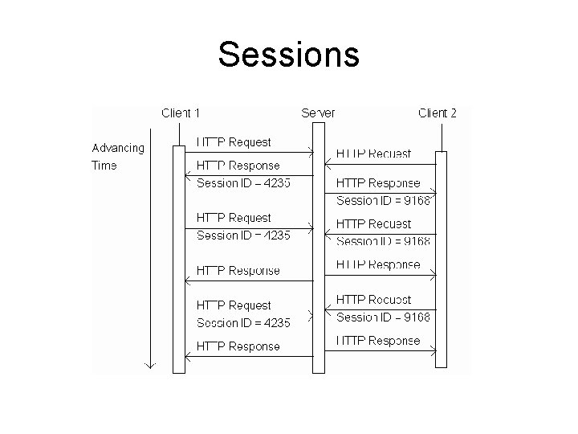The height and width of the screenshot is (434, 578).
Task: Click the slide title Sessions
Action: tap(288, 55)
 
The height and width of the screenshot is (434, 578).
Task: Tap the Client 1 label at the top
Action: tap(181, 113)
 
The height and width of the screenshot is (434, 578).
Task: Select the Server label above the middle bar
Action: tap(318, 113)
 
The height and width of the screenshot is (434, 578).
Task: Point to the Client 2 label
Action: tap(438, 113)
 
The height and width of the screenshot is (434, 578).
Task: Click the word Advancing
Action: tap(118, 148)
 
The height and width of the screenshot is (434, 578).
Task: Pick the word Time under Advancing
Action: tap(104, 166)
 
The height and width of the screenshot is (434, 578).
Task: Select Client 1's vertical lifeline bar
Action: tap(179, 257)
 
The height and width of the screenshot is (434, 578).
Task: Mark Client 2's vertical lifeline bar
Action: tap(441, 257)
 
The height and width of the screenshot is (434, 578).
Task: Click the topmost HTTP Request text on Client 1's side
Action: tap(234, 142)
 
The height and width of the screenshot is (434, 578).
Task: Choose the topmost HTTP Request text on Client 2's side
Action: tap(373, 154)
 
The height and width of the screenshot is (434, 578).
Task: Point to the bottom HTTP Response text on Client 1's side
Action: tap(238, 346)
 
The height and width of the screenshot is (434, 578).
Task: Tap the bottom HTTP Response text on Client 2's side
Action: tap(377, 341)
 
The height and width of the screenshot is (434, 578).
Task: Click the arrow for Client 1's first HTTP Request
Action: tap(249, 152)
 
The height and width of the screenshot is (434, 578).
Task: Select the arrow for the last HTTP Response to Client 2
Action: tap(381, 350)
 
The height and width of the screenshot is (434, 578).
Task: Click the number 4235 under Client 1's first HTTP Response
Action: tap(276, 183)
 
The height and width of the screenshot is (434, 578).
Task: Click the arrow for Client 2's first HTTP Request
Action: tap(381, 164)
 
